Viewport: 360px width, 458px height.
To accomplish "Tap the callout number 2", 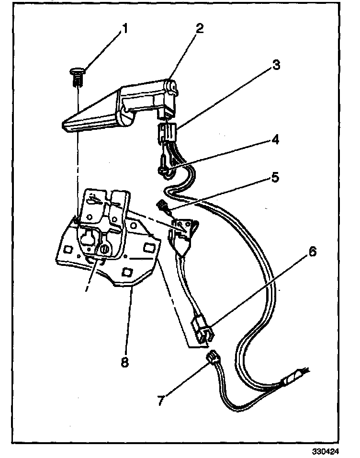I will click(x=199, y=28).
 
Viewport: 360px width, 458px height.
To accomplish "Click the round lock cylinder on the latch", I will click(x=105, y=249).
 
